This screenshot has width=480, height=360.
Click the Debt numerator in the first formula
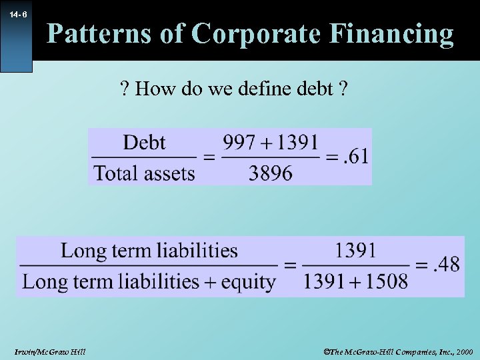(x=145, y=142)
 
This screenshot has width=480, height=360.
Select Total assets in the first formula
(x=144, y=173)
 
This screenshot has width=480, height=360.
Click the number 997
(x=239, y=142)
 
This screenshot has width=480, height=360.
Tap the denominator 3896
(x=271, y=173)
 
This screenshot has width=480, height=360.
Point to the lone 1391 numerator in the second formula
(x=355, y=250)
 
